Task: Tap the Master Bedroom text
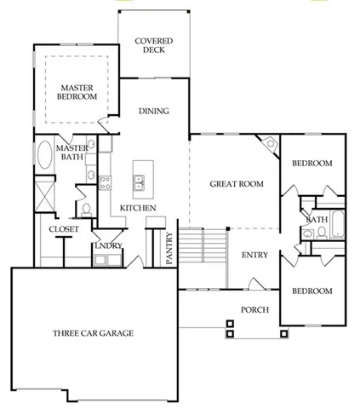click(77, 92)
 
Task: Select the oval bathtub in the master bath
click(45, 159)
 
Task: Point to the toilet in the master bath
click(88, 207)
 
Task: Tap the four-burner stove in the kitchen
click(106, 181)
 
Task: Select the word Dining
click(154, 111)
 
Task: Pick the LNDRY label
click(108, 246)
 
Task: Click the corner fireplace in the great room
click(270, 145)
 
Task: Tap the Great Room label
click(237, 183)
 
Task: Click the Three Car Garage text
click(93, 333)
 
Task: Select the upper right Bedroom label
click(311, 164)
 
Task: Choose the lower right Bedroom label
click(311, 291)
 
